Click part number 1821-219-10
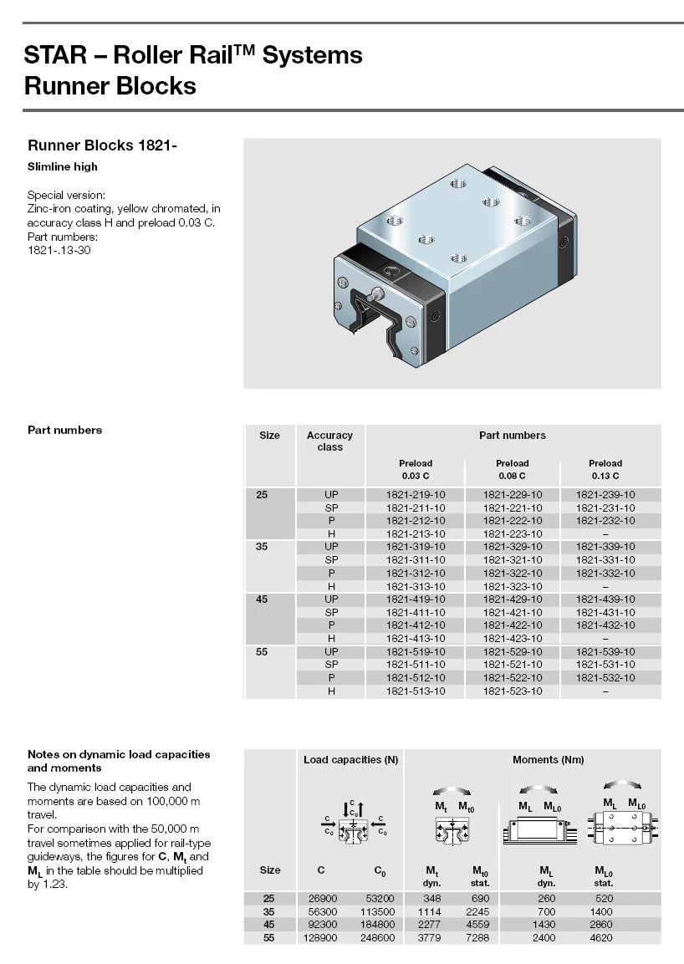pyautogui.click(x=416, y=495)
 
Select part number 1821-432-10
pyautogui.click(x=605, y=625)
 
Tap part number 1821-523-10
pyautogui.click(x=513, y=691)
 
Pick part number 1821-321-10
pyautogui.click(x=513, y=560)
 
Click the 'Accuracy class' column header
pyautogui.click(x=329, y=441)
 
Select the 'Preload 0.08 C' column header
pyautogui.click(x=513, y=469)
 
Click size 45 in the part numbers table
pyautogui.click(x=263, y=599)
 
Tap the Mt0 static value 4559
pyautogui.click(x=477, y=925)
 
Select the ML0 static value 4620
pyautogui.click(x=601, y=938)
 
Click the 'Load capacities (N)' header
pyautogui.click(x=350, y=760)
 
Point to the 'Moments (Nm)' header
pyautogui.click(x=548, y=760)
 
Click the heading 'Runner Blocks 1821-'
pyautogui.click(x=102, y=145)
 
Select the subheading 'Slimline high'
pyautogui.click(x=63, y=166)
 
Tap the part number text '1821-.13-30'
pyautogui.click(x=59, y=251)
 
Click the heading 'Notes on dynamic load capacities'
pyautogui.click(x=119, y=754)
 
